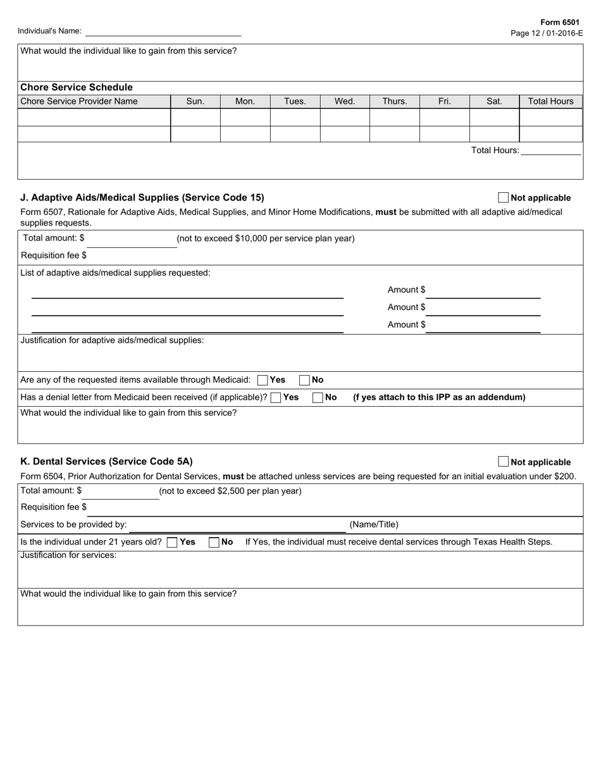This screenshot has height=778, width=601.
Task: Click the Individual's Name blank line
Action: click(x=163, y=32)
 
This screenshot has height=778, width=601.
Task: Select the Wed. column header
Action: click(x=345, y=101)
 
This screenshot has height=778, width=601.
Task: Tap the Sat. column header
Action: click(x=494, y=101)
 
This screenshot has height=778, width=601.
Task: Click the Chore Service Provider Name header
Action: click(x=79, y=101)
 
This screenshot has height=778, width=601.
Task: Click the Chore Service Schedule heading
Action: click(x=77, y=87)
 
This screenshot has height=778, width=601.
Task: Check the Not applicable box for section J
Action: click(x=504, y=197)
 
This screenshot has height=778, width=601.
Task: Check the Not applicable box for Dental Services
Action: click(x=504, y=462)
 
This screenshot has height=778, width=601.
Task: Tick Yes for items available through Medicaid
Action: click(x=263, y=380)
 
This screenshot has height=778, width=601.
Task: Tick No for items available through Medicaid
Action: click(x=304, y=380)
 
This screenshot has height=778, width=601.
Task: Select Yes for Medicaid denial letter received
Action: click(x=276, y=398)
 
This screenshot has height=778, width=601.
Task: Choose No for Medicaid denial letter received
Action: click(x=318, y=398)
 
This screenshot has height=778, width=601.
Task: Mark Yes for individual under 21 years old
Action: click(x=172, y=542)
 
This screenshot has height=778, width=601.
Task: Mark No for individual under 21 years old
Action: click(x=214, y=542)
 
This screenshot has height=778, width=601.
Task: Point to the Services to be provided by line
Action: click(x=237, y=525)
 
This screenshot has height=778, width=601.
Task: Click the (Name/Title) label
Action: click(x=374, y=524)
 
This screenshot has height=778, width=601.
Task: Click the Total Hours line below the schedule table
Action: click(x=550, y=151)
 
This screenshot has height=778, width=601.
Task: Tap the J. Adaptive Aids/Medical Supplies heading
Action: click(x=142, y=197)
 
